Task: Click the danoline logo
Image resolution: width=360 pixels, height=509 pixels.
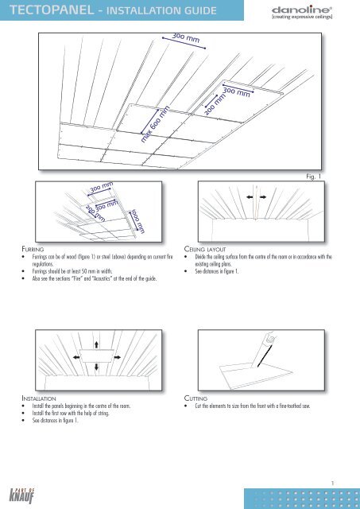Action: pos(302,13)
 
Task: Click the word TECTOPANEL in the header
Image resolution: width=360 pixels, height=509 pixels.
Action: pos(52,10)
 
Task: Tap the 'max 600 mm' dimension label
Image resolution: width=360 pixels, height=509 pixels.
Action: pos(155,124)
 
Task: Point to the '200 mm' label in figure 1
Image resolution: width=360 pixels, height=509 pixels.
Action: pos(215,104)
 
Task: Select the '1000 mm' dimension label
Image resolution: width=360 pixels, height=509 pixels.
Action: pos(137,221)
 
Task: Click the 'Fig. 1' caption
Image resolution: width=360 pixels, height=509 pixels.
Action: pos(313,177)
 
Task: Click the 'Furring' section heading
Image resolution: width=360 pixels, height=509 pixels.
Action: pos(33,249)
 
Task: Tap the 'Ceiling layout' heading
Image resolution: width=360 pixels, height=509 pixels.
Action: pos(205,249)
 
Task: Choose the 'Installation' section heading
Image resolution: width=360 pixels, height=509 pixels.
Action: pos(39,398)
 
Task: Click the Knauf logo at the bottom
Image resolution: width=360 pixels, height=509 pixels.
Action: pos(22,495)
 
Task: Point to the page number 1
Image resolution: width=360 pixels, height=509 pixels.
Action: pos(332,484)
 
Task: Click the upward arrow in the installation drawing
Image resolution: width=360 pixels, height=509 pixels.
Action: pos(96,344)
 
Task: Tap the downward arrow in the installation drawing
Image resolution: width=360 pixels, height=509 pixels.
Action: pos(96,367)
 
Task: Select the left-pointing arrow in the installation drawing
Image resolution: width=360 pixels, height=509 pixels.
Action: pos(76,357)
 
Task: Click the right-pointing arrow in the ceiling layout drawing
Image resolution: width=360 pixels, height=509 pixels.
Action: pos(263,196)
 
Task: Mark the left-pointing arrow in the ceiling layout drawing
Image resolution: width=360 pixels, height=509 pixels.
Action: pos(250,196)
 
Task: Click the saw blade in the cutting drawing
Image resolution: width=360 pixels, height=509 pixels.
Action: pos(264,356)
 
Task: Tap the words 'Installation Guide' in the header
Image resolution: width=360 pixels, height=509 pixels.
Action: pos(161,10)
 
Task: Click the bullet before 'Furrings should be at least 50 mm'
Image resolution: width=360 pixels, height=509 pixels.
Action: pos(23,271)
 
